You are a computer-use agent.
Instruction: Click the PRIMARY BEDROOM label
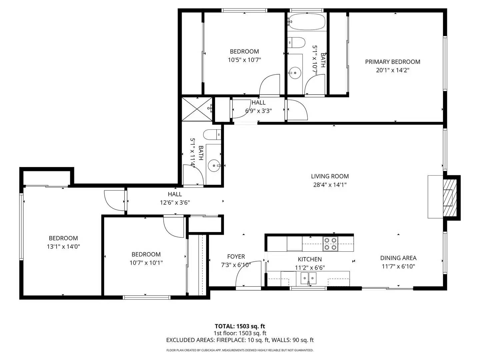(x=392, y=62)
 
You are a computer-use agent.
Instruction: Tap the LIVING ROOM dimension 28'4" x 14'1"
(x=330, y=185)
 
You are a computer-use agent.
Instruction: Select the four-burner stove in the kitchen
(x=330, y=244)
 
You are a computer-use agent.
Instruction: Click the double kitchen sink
(x=308, y=277)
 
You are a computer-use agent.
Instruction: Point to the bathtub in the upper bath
(x=307, y=22)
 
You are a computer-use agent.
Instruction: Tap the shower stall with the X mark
(x=197, y=109)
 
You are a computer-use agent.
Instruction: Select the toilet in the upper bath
(x=296, y=42)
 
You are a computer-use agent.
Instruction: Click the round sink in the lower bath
(x=214, y=165)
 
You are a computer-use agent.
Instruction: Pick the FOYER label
(x=236, y=257)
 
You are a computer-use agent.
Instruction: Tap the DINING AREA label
(x=398, y=258)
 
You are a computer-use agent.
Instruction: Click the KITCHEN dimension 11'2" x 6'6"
(x=310, y=268)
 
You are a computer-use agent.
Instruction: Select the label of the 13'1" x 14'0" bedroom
(x=63, y=238)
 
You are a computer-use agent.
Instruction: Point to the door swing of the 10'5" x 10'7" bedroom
(x=270, y=85)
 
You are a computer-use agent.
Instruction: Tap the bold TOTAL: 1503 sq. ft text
(x=240, y=326)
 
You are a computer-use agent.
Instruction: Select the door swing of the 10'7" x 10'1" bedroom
(x=174, y=227)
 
